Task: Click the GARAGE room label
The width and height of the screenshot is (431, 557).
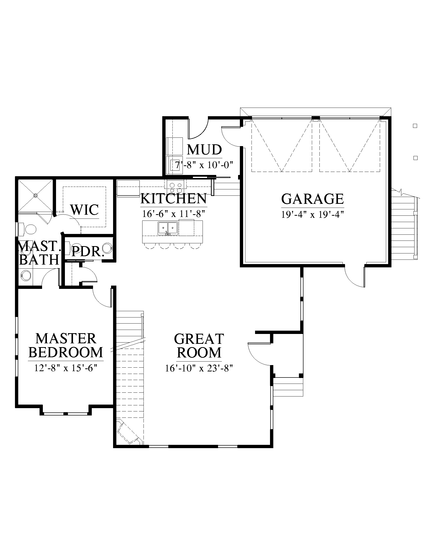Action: (x=313, y=199)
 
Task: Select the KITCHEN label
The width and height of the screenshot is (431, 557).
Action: (x=173, y=198)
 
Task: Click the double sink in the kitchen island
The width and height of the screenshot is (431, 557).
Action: (x=168, y=228)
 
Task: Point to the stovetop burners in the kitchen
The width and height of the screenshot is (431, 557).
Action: (x=175, y=188)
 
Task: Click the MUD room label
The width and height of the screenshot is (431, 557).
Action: (x=204, y=150)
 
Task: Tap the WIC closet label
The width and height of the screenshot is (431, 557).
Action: (x=84, y=210)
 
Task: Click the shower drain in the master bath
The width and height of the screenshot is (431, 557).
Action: (x=35, y=195)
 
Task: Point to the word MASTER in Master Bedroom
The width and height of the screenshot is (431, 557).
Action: (x=66, y=339)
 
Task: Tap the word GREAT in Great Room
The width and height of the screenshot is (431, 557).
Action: (x=199, y=339)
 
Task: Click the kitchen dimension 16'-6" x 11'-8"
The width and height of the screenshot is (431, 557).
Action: (x=173, y=214)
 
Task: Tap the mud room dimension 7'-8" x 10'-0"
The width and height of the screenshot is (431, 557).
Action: (x=204, y=165)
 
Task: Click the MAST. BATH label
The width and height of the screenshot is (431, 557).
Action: (x=39, y=253)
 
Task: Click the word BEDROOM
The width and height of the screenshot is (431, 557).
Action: (x=66, y=352)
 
